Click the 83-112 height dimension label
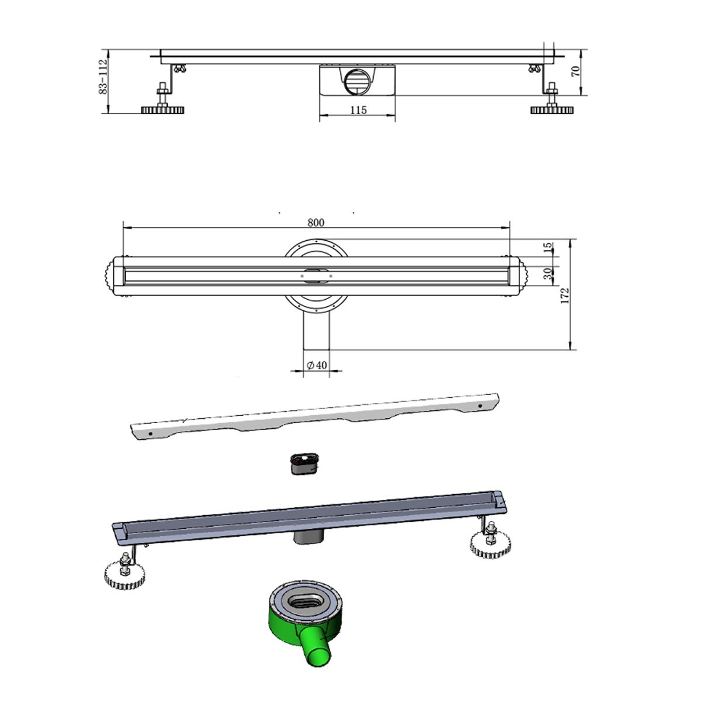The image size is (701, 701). click(103, 77)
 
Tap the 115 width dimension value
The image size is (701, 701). click(358, 110)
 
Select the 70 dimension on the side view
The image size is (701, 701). click(575, 71)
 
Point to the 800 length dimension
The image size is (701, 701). click(316, 222)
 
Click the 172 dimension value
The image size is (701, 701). click(564, 296)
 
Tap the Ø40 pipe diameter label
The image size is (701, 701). click(317, 365)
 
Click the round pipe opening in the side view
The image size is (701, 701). click(356, 82)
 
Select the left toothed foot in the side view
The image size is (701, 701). click(162, 109)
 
